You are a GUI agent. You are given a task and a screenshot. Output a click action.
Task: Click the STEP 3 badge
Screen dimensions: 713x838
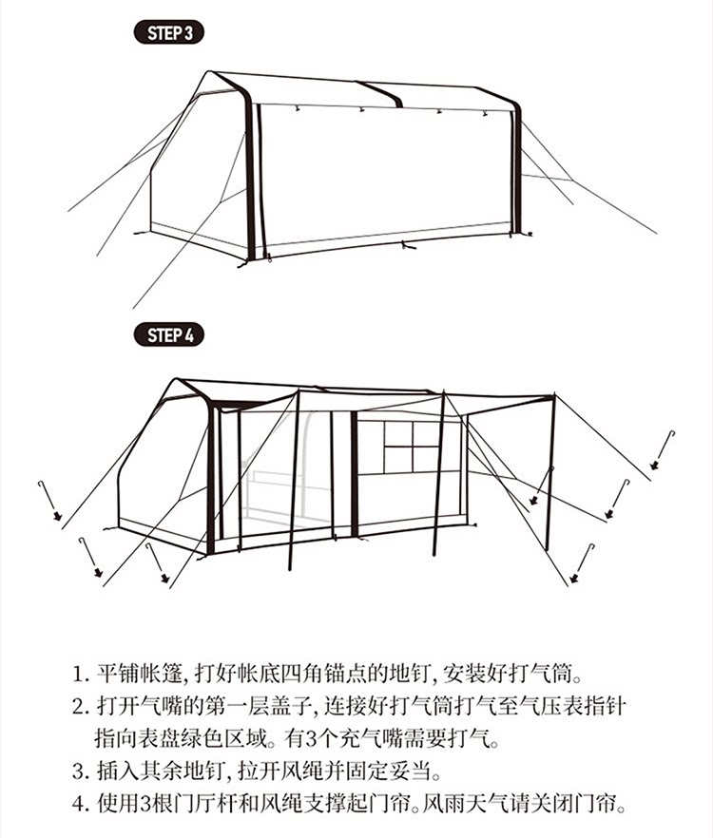click(x=170, y=33)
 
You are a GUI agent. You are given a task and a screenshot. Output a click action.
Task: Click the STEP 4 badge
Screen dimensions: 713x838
click(x=170, y=335)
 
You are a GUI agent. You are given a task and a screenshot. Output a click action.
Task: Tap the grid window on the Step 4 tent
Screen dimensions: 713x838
click(x=411, y=447)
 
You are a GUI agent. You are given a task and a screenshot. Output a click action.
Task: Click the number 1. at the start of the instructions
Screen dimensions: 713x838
click(x=81, y=676)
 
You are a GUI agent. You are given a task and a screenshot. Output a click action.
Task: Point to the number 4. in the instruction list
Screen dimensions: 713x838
click(x=81, y=805)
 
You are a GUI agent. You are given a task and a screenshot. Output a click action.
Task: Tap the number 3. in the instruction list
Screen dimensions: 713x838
click(x=81, y=771)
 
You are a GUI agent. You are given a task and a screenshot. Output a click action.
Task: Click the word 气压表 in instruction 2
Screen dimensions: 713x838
click(x=549, y=708)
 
